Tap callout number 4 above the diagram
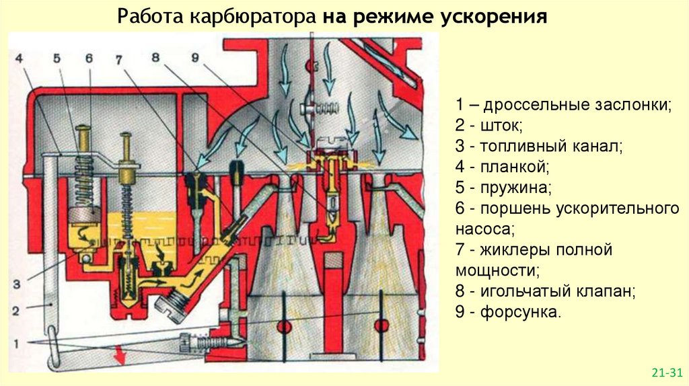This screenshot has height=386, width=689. point(20,58)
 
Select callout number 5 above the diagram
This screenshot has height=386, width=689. point(57,58)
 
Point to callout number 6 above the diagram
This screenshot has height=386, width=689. point(88,58)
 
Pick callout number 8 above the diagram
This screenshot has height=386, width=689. point(155,58)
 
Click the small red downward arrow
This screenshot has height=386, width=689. point(122,351)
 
